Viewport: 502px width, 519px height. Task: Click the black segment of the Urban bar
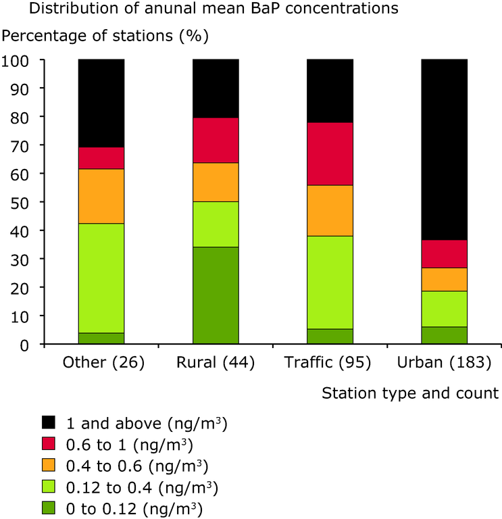pyautogui.click(x=445, y=149)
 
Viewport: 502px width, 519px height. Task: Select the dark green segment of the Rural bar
pyautogui.click(x=216, y=295)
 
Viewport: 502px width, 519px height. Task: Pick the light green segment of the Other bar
pyautogui.click(x=101, y=278)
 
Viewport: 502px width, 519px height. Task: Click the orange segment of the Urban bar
pyautogui.click(x=445, y=279)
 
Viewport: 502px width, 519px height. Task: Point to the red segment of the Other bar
pyautogui.click(x=101, y=157)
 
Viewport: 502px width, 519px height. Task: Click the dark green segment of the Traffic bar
pyautogui.click(x=330, y=337)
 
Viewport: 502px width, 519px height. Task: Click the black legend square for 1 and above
pyautogui.click(x=48, y=424)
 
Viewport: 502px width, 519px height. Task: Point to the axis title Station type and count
pyautogui.click(x=410, y=393)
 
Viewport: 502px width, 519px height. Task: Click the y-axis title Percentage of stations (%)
pyautogui.click(x=106, y=34)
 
